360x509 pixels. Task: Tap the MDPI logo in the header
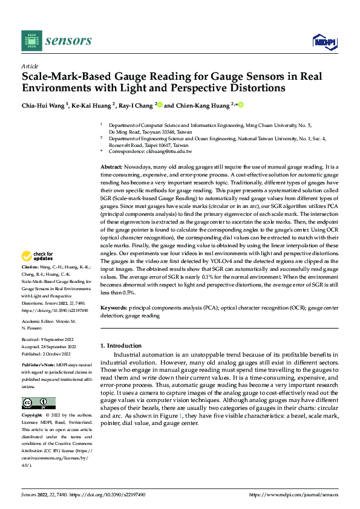point(324,41)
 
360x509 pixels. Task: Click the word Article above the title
point(30,66)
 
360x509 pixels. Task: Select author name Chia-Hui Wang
point(44,105)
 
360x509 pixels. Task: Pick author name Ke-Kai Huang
point(93,105)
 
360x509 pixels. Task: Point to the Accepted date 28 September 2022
point(57,346)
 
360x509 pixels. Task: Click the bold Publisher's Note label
point(38,366)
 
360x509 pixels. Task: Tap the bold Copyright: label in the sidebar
point(33,416)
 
